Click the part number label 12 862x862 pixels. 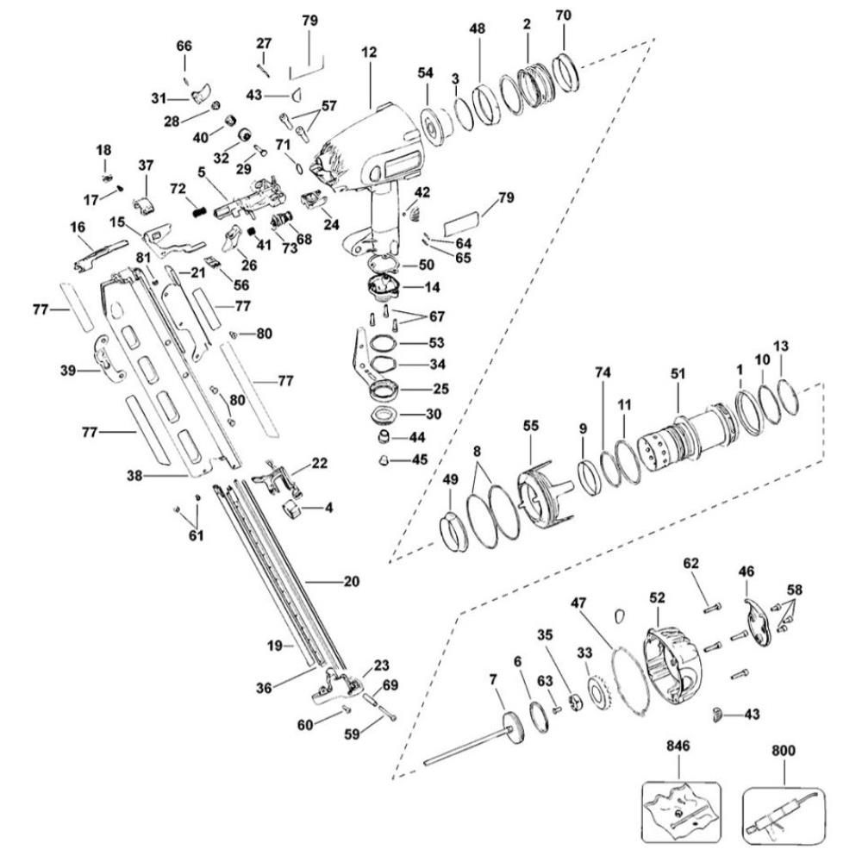click(x=369, y=53)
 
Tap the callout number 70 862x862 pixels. click(x=564, y=16)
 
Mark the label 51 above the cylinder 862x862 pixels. click(x=678, y=373)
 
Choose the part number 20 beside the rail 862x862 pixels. click(x=351, y=582)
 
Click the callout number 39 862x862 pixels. click(x=66, y=371)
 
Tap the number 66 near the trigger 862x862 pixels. click(x=185, y=46)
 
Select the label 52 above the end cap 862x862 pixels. click(x=658, y=596)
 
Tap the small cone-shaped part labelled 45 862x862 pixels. click(x=379, y=460)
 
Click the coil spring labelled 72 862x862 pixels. click(x=197, y=209)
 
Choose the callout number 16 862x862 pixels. click(x=78, y=227)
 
